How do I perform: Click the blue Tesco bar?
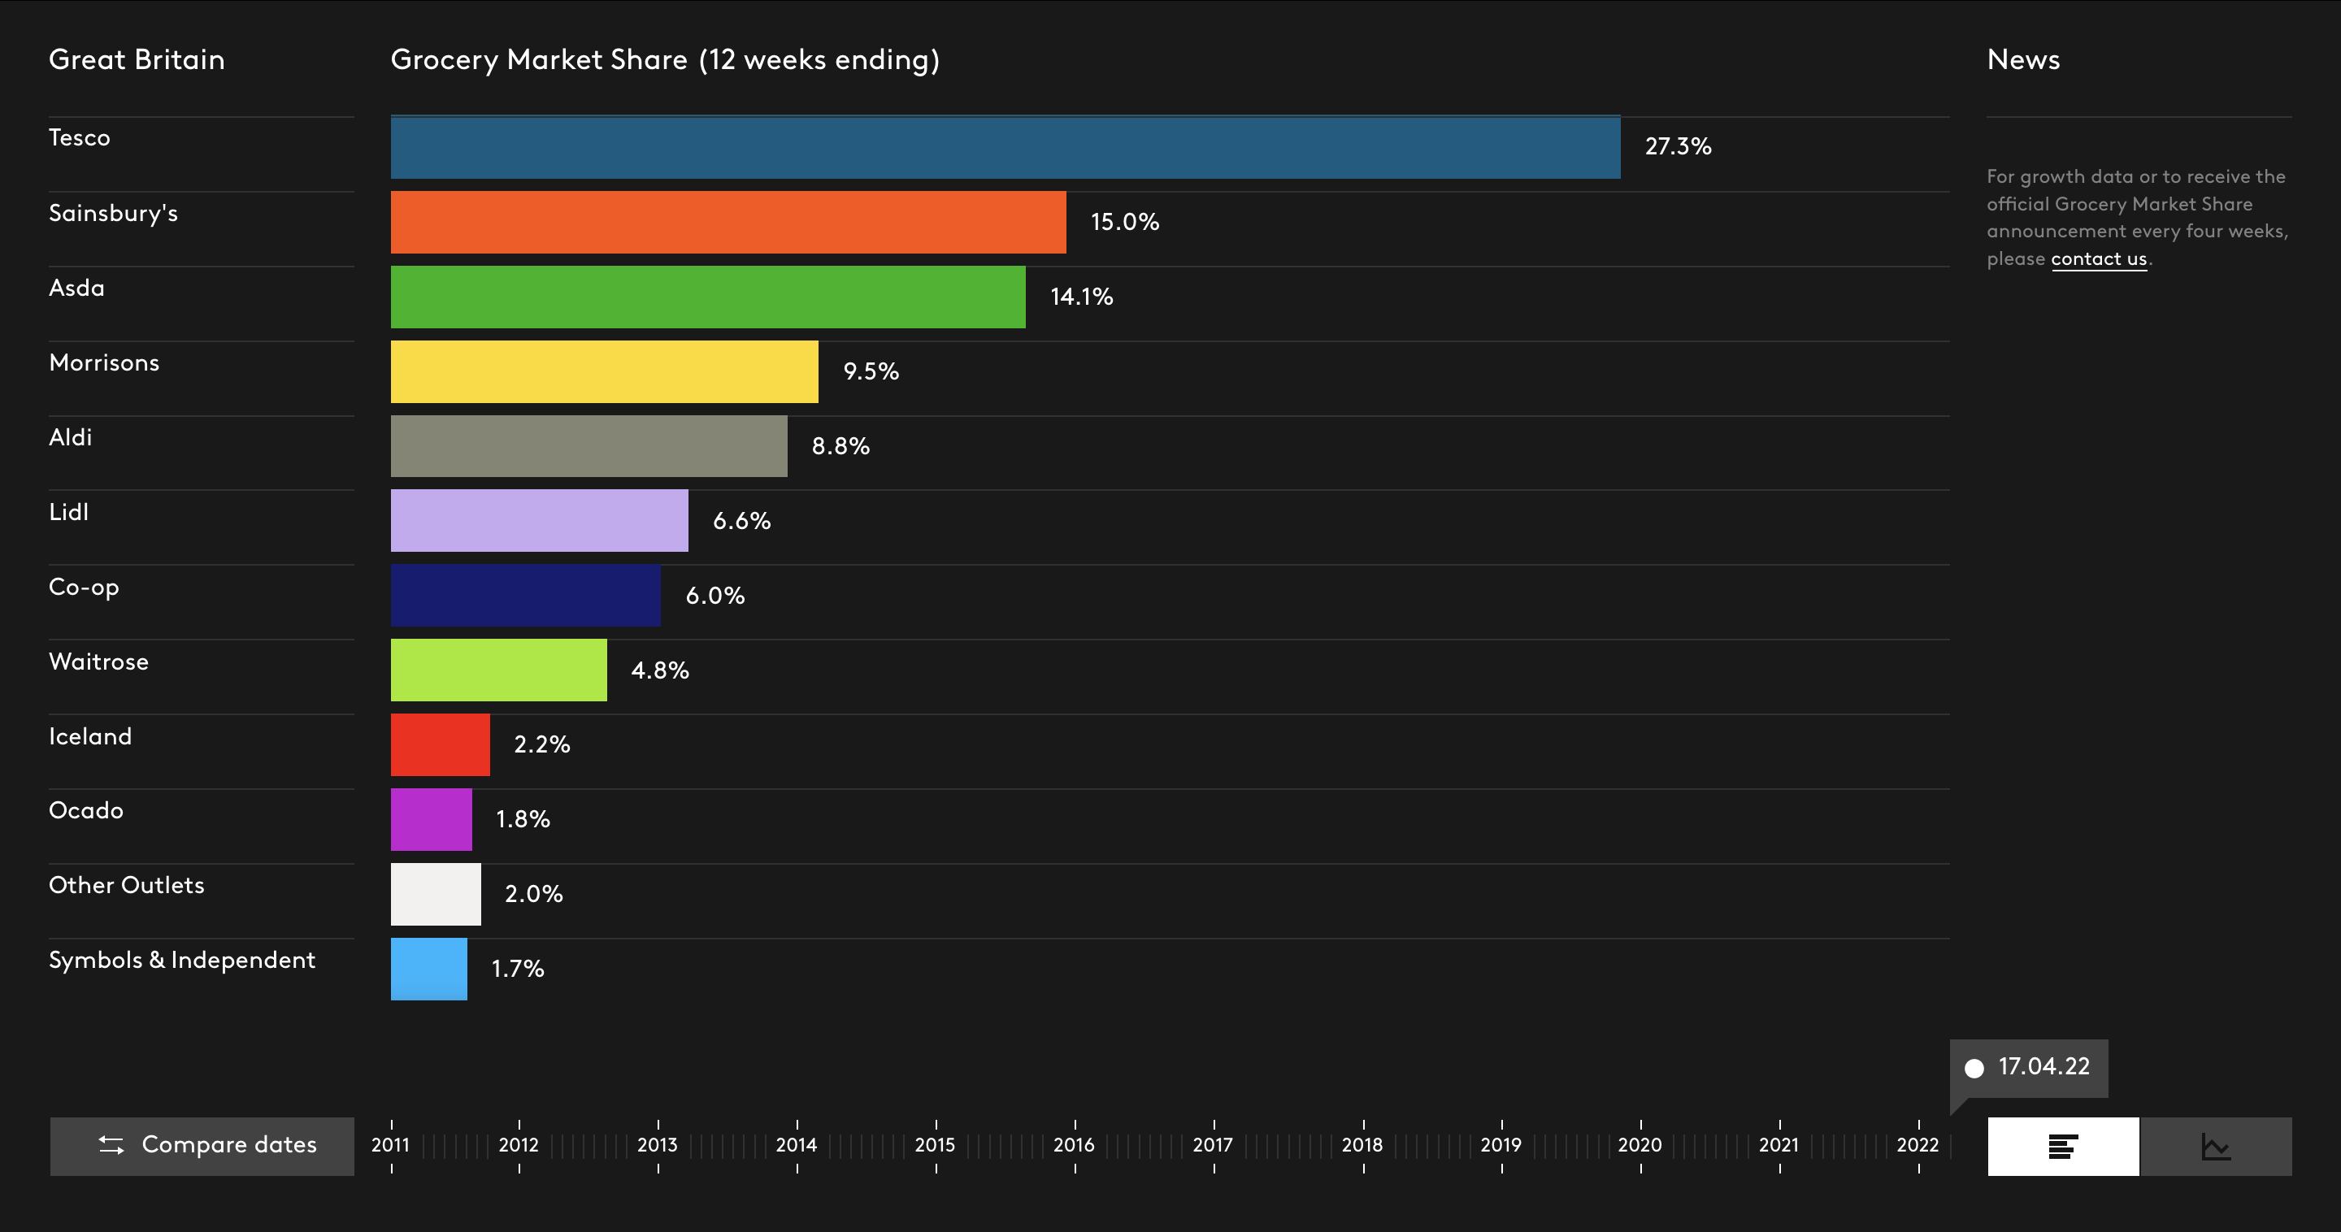[x=1004, y=147]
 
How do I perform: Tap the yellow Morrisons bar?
[x=603, y=371]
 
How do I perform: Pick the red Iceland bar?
[x=440, y=745]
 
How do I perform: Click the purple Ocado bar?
[x=431, y=819]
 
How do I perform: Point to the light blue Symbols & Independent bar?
[x=428, y=970]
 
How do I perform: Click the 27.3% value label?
[x=1678, y=146]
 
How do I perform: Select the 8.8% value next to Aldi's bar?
[x=840, y=446]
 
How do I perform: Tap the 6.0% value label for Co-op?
[x=714, y=596]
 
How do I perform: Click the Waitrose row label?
[x=98, y=662]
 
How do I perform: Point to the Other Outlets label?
[x=126, y=885]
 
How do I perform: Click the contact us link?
[x=2098, y=259]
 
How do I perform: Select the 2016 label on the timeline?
[x=1073, y=1145]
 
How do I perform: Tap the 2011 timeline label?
[x=390, y=1145]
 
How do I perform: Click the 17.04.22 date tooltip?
[x=2030, y=1067]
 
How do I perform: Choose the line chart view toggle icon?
[x=2216, y=1147]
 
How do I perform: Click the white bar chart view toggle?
[x=2063, y=1147]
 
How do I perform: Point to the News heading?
[x=2023, y=60]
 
